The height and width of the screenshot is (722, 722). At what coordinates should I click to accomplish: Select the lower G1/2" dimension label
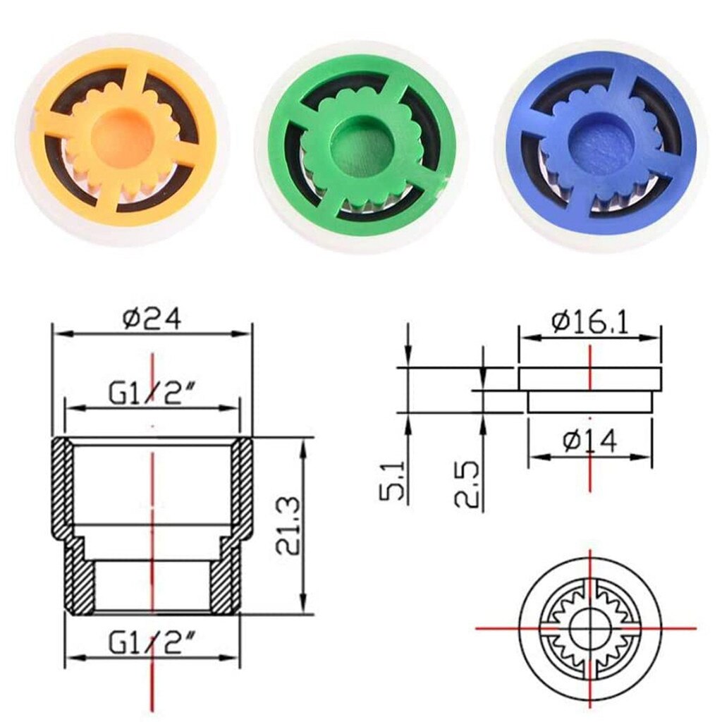click(x=152, y=642)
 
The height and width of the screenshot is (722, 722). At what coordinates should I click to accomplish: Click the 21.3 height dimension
click(x=288, y=526)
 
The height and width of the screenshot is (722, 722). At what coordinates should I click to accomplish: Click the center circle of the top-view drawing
click(x=589, y=627)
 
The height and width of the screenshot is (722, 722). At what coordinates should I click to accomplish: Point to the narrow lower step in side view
click(x=589, y=401)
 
